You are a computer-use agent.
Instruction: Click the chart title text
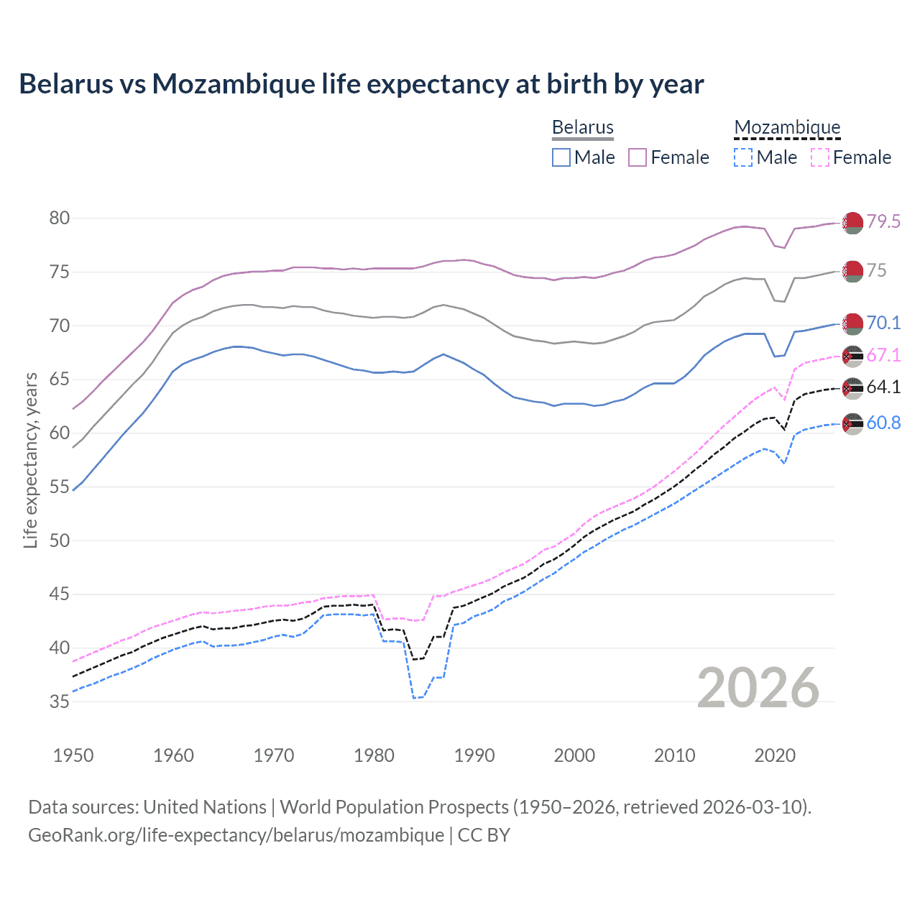(x=361, y=84)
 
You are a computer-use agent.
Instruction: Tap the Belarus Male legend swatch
(x=561, y=157)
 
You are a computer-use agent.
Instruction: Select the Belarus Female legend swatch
(x=638, y=157)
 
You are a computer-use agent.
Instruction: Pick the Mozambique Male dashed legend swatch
(x=743, y=157)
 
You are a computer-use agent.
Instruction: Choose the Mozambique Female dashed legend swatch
(x=820, y=157)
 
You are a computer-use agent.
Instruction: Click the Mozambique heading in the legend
(x=787, y=127)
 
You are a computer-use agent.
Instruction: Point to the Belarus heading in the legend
(x=582, y=127)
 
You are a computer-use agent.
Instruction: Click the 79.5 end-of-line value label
(x=883, y=221)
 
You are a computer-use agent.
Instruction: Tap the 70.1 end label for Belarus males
(x=883, y=323)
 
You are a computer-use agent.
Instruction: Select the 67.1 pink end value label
(x=883, y=355)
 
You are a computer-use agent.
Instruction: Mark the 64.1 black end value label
(x=883, y=387)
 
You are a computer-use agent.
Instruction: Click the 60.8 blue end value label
(x=883, y=423)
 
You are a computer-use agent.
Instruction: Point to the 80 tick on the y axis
(x=60, y=218)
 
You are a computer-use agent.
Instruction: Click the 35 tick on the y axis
(x=60, y=701)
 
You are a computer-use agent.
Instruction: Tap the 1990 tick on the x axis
(x=474, y=755)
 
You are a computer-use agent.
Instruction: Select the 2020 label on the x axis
(x=775, y=755)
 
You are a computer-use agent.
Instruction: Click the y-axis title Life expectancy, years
(x=30, y=460)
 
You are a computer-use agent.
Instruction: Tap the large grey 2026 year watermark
(x=758, y=688)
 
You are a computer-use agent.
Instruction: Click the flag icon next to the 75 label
(x=852, y=272)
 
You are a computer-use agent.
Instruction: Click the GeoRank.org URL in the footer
(x=236, y=835)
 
